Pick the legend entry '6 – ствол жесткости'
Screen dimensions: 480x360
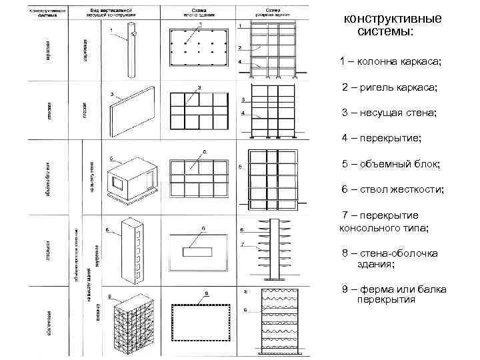pyautogui.click(x=393, y=190)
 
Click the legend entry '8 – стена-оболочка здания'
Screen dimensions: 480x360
pyautogui.click(x=389, y=259)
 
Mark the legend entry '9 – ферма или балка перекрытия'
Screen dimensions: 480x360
pyautogui.click(x=393, y=294)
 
